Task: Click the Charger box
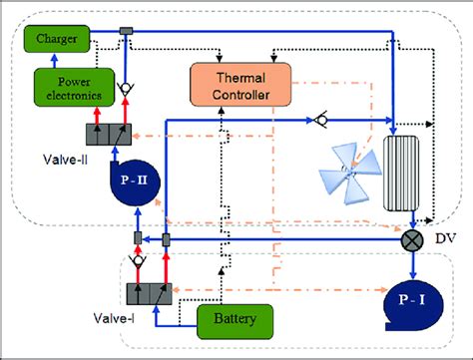pyautogui.click(x=57, y=38)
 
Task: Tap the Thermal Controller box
pyautogui.click(x=239, y=86)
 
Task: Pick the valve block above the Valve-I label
pyautogui.click(x=155, y=293)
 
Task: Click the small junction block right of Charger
pyautogui.click(x=125, y=33)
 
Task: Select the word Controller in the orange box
pyautogui.click(x=239, y=95)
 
